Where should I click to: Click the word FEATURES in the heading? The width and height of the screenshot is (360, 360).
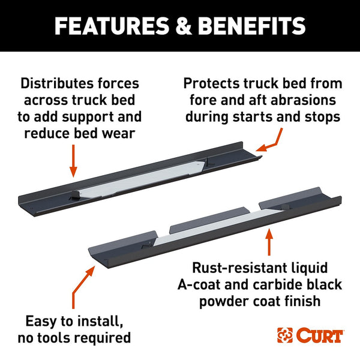pos(112,26)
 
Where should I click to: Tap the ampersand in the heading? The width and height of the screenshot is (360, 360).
pos(183,26)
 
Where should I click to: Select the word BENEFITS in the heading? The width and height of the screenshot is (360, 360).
pos(251,26)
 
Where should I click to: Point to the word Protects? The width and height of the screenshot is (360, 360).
pos(211,83)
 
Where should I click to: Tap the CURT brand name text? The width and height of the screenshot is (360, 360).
pos(319,335)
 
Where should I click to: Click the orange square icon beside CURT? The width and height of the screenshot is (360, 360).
pos(285,335)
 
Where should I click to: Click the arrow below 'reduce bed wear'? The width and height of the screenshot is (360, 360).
pos(73,161)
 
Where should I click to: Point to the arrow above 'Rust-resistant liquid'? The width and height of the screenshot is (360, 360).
pos(269,242)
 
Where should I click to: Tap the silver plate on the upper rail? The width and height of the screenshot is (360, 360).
pos(140,179)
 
